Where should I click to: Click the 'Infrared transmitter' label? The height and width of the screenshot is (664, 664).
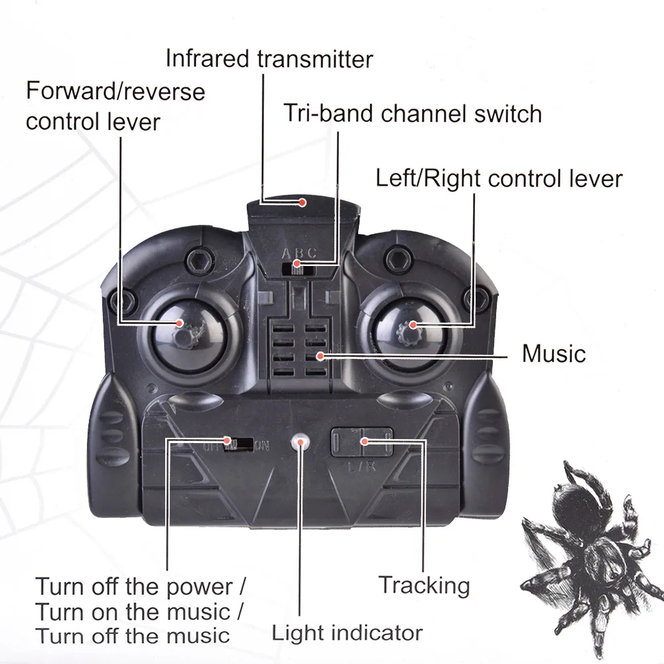(x=269, y=58)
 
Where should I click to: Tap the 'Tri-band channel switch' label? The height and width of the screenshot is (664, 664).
(x=413, y=113)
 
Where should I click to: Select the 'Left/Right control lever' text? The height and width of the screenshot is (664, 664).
(x=499, y=178)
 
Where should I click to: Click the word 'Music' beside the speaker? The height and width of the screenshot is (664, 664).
(x=554, y=353)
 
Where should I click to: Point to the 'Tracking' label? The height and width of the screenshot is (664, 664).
(x=424, y=585)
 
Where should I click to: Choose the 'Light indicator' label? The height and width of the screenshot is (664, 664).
(x=347, y=632)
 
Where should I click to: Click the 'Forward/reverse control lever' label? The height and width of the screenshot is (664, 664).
(x=115, y=106)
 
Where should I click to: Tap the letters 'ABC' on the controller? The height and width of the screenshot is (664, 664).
(x=300, y=253)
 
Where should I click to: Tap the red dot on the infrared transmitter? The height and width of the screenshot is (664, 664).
(x=302, y=202)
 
